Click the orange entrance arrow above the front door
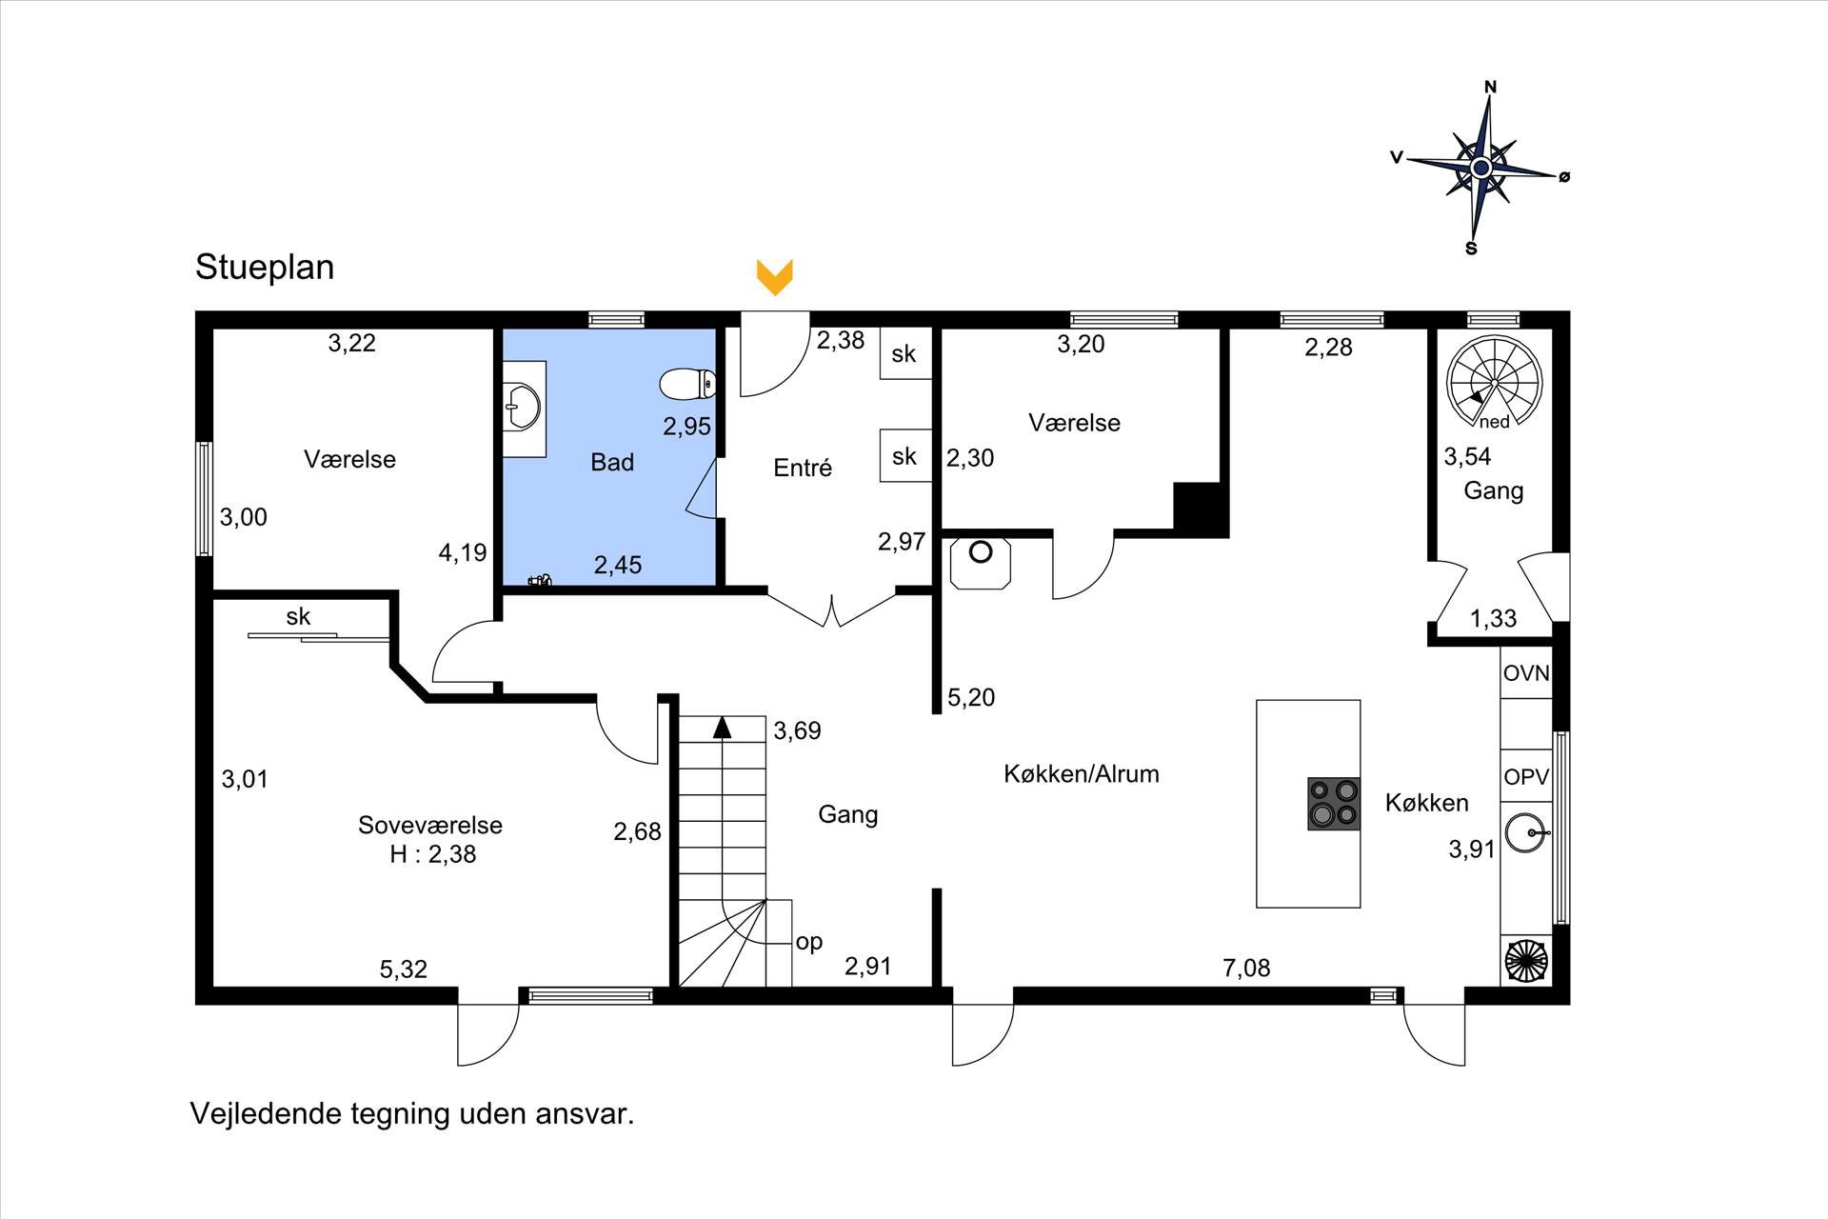point(775,276)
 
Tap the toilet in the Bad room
point(687,384)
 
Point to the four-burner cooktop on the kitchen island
point(1333,805)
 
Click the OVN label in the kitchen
point(1526,673)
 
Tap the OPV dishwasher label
point(1526,777)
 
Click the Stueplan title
point(265,268)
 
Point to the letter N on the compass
point(1491,87)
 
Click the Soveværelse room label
point(430,825)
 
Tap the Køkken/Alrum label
point(1082,773)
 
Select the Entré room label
point(803,468)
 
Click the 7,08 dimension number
point(1246,969)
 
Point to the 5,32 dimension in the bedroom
point(404,969)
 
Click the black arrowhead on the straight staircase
point(722,727)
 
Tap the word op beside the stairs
point(809,943)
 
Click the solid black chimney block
point(1202,509)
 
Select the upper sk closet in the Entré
point(904,354)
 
